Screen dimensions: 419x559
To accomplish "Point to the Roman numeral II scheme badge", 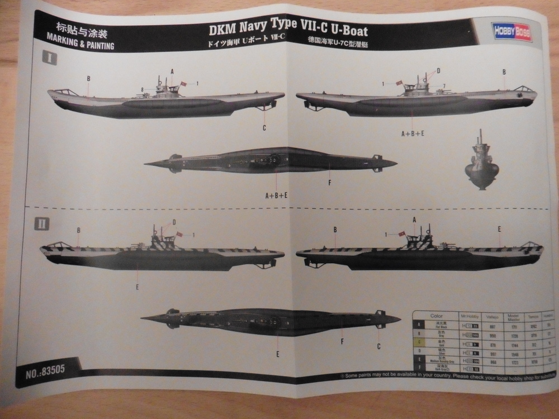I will [42, 225].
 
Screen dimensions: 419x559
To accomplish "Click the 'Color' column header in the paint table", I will [436, 316].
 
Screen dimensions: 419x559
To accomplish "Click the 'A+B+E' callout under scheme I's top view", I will [276, 196].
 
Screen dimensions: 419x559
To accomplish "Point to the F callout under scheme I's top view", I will [330, 182].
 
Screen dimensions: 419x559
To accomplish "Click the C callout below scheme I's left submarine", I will [264, 128].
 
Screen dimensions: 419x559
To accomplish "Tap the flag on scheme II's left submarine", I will [179, 234].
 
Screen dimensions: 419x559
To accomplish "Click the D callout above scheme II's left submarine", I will [174, 222].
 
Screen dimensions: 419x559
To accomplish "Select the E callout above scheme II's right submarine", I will [499, 228].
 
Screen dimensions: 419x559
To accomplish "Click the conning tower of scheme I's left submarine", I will [165, 88].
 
